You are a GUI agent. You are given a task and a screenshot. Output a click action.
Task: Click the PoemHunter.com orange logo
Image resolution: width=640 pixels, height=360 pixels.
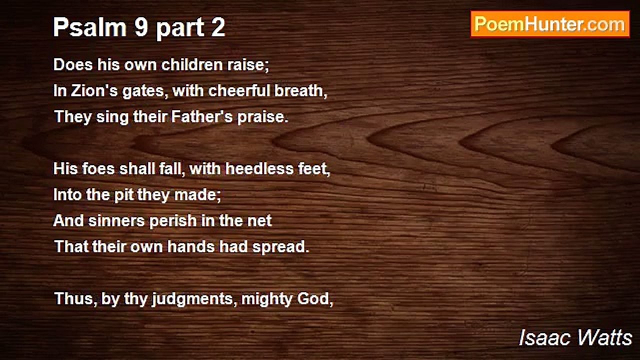pyautogui.click(x=550, y=24)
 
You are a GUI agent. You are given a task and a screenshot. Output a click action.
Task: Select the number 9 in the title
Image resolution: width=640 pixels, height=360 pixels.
pyautogui.click(x=141, y=27)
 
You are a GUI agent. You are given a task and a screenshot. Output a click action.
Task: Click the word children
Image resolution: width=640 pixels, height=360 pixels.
pyautogui.click(x=192, y=64)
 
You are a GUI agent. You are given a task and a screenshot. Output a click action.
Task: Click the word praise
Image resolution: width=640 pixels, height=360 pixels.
pyautogui.click(x=263, y=117)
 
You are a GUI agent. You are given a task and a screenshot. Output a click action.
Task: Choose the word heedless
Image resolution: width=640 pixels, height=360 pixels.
pyautogui.click(x=259, y=168)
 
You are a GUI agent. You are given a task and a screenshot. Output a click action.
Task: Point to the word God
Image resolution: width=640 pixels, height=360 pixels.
pyautogui.click(x=315, y=299)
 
